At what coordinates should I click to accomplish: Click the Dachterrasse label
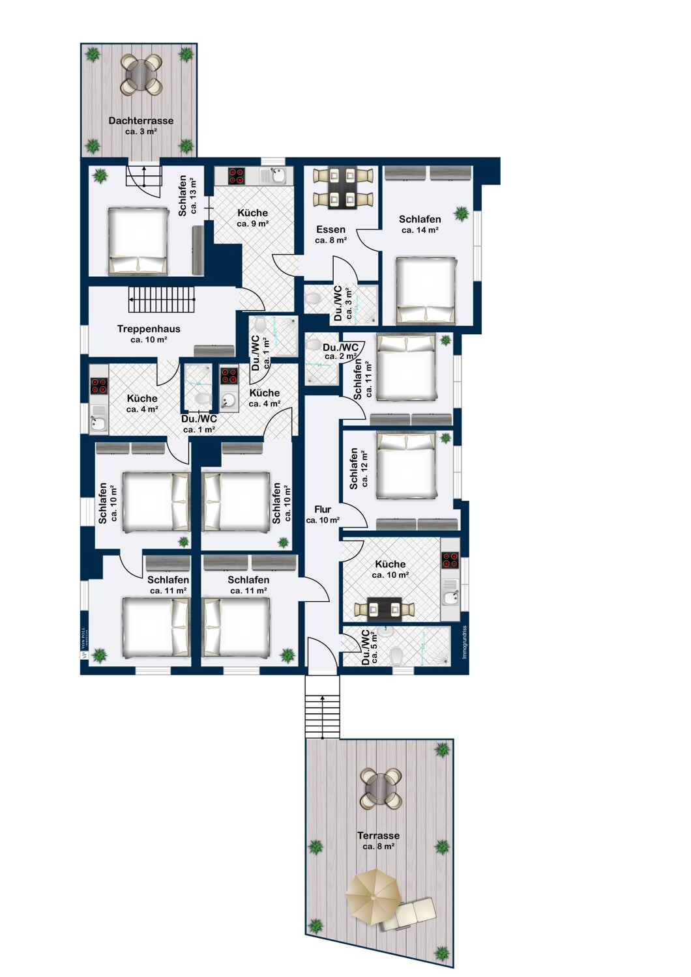point(141,120)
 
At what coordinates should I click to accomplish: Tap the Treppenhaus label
point(149,329)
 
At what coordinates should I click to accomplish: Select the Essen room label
point(331,229)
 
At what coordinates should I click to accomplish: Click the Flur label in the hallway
point(323,509)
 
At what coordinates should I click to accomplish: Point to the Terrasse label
point(378,836)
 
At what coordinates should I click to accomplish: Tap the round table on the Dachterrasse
point(141,76)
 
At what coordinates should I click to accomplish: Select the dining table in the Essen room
point(343,188)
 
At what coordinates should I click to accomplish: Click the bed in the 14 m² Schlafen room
point(426,290)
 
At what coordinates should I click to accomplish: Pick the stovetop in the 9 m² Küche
point(236,176)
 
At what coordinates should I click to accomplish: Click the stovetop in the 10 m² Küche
point(450,560)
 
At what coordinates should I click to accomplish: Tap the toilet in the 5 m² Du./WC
point(395,654)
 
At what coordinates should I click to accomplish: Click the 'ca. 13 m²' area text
point(194,196)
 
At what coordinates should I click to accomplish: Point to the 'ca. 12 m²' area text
point(364,469)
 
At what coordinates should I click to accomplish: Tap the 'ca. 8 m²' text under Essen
point(331,240)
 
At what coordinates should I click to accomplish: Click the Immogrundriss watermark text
point(464,642)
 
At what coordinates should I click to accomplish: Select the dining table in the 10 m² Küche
point(385,609)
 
